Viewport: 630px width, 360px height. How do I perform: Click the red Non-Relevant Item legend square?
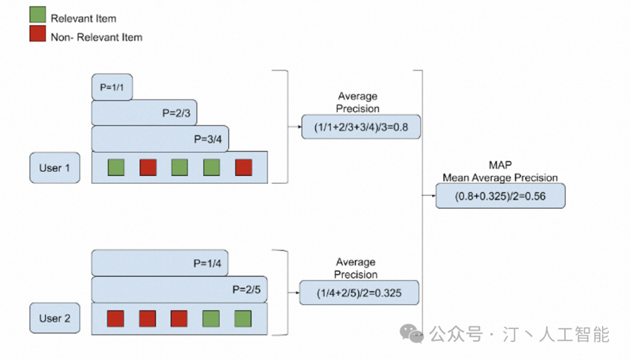(x=38, y=34)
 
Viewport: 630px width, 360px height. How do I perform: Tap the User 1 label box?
(x=55, y=168)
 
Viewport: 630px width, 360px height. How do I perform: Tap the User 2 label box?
(x=55, y=318)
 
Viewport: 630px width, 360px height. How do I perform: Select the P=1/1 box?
(x=112, y=87)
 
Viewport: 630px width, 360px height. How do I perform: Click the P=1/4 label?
(x=207, y=263)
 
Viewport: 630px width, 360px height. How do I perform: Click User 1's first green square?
(x=116, y=167)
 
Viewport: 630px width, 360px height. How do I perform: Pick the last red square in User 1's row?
(x=243, y=167)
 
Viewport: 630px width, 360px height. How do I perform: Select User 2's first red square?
(x=116, y=319)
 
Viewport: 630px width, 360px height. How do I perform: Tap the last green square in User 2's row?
(x=243, y=319)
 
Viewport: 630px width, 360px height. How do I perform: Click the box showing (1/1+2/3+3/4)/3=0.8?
(x=360, y=127)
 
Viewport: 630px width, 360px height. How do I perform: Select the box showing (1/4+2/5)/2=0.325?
(x=359, y=292)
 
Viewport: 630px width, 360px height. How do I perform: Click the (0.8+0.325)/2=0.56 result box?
(x=500, y=196)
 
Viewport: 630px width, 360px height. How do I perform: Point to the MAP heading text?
(x=500, y=166)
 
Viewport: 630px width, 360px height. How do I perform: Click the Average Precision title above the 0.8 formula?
(x=358, y=102)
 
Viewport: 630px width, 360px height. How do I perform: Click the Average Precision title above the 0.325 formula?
(x=356, y=268)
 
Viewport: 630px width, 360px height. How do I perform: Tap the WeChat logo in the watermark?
(x=415, y=334)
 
